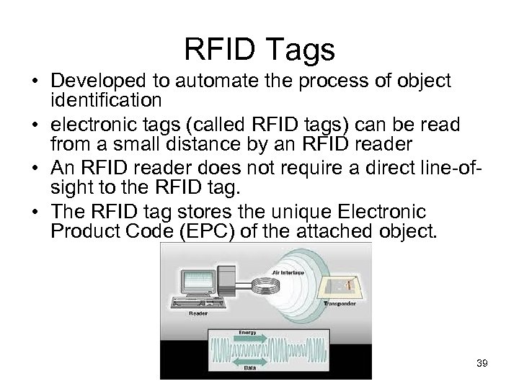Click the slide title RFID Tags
[259, 50]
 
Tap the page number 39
[482, 364]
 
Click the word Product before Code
[86, 231]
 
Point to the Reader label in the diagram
[198, 314]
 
